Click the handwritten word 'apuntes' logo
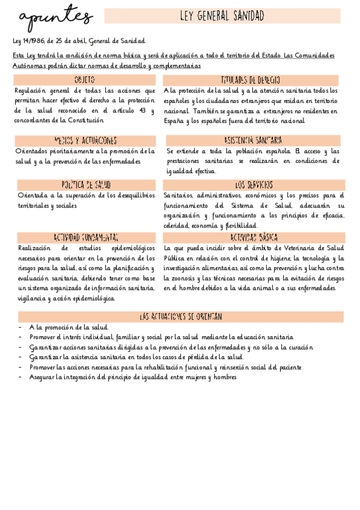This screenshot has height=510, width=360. (x=55, y=19)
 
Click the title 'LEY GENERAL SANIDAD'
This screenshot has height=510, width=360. (x=222, y=16)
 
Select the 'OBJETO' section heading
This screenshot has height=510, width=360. (x=84, y=80)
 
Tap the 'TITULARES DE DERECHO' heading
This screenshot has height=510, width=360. (x=250, y=80)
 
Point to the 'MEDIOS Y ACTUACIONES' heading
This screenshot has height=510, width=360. (x=85, y=140)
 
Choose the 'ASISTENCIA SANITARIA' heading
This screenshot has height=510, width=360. (x=252, y=140)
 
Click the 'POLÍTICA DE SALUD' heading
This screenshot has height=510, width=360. (x=86, y=185)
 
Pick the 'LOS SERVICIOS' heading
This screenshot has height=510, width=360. (x=254, y=185)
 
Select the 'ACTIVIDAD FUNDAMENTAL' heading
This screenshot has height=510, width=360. (x=86, y=238)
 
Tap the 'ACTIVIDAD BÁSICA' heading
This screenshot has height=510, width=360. (x=254, y=238)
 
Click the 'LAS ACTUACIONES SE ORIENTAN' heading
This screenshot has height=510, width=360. (x=181, y=316)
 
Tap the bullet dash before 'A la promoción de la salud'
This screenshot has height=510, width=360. (x=21, y=327)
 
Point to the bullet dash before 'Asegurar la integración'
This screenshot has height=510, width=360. (x=21, y=377)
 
